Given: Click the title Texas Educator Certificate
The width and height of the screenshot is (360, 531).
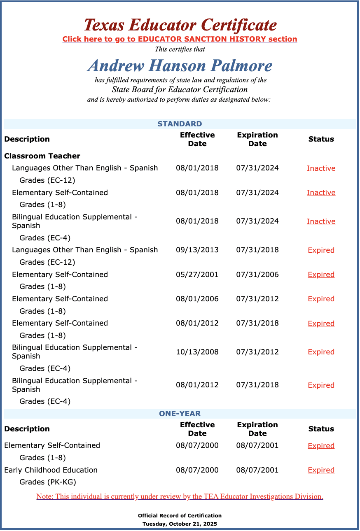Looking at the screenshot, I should [180, 25].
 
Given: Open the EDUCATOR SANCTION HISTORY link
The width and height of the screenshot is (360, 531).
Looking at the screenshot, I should [180, 39].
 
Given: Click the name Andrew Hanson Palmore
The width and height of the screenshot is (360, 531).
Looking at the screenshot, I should [180, 65].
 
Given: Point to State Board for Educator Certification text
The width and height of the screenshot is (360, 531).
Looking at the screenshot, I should [180, 89].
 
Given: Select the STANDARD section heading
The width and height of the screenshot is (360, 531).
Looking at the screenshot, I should [180, 124].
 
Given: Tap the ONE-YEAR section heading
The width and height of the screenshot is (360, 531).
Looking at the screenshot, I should [180, 414].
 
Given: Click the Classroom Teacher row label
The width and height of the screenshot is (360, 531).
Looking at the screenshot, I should [42, 156].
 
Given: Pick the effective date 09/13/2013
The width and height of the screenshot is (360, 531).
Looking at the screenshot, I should [197, 250].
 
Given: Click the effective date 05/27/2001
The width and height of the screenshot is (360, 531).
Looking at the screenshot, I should [197, 275].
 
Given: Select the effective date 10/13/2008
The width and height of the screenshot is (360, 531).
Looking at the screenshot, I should [197, 352].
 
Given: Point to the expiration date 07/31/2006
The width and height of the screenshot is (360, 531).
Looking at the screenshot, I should [257, 275].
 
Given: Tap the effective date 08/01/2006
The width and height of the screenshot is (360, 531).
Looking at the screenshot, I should [197, 299].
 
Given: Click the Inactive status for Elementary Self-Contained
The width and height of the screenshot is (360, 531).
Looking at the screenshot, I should [321, 193].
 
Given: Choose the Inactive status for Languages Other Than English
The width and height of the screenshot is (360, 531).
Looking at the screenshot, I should [321, 168].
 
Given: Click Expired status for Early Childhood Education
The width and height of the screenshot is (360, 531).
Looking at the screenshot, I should [321, 470].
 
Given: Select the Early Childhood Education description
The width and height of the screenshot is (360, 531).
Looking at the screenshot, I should [51, 470].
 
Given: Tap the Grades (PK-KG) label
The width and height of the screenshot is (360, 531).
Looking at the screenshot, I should [48, 482].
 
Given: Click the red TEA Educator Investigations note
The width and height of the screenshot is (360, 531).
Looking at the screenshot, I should [180, 496].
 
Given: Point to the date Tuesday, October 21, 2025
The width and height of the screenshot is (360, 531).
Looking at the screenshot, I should [180, 524].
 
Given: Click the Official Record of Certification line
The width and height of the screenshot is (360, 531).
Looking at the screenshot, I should [180, 516].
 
